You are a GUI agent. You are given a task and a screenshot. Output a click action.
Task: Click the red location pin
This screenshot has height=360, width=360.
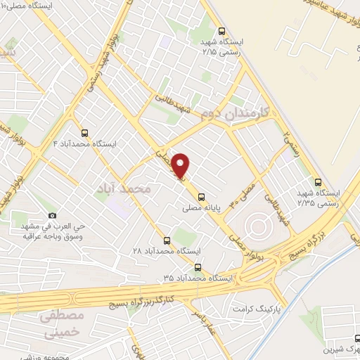point(181,165)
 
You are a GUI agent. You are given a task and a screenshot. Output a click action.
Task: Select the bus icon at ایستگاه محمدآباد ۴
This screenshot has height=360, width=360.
point(85,132)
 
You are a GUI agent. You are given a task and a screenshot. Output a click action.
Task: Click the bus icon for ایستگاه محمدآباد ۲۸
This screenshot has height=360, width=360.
point(167,240)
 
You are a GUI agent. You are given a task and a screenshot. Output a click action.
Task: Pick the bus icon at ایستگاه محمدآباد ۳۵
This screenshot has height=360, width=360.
point(198,267)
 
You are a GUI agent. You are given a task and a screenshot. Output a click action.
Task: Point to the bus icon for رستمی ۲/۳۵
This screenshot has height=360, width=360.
point(319,181)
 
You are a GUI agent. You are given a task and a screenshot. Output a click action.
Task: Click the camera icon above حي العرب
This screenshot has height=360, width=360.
point(51,216)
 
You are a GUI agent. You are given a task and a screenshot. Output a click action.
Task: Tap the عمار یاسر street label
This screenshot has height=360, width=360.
point(206,321)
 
